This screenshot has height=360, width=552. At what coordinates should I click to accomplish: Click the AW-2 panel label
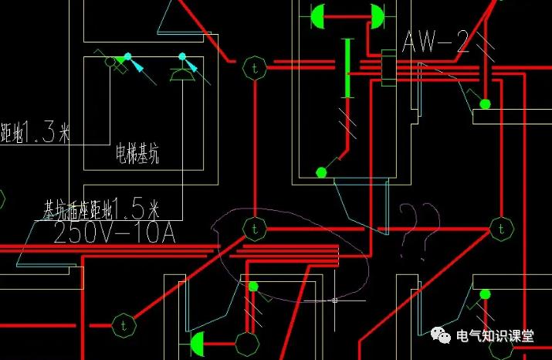(x=435, y=42)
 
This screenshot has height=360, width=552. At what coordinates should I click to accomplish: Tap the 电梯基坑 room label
(x=137, y=156)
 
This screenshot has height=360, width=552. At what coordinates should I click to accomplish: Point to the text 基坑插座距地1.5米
(x=101, y=209)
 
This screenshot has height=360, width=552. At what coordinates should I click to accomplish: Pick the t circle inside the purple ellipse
(x=253, y=228)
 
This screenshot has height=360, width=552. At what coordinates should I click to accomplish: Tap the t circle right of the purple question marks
(x=501, y=228)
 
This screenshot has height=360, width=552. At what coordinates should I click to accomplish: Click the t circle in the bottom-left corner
(x=122, y=325)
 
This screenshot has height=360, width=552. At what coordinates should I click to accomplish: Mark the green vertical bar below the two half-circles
(x=347, y=68)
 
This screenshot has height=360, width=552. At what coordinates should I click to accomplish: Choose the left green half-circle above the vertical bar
(x=317, y=15)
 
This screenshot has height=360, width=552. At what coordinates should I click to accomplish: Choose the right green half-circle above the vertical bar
(x=378, y=15)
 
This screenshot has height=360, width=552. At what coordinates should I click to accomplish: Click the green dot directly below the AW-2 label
(x=485, y=103)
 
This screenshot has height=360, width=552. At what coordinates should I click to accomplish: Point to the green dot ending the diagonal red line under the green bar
(x=321, y=172)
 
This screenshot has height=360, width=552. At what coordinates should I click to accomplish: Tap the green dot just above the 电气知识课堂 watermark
(x=485, y=294)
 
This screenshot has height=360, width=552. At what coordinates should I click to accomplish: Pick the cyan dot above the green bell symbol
(x=183, y=56)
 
